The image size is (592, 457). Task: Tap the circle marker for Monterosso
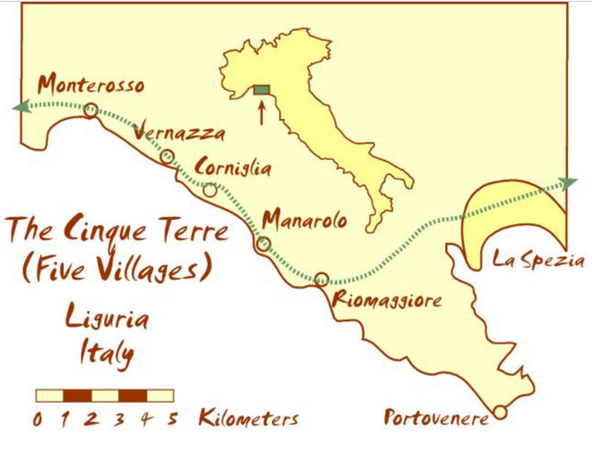[91, 110]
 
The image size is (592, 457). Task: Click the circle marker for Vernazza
[167, 156]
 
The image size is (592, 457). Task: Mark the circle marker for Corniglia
[210, 190]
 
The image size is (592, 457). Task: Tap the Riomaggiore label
[387, 299]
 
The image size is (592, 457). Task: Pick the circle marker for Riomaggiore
[321, 279]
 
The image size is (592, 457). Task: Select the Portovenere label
[437, 418]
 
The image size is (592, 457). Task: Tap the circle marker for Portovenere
[500, 412]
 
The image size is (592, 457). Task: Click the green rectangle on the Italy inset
[261, 90]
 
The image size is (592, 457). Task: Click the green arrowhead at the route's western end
[20, 107]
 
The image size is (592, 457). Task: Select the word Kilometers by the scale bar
[248, 418]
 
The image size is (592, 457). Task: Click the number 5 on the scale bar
[172, 419]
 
